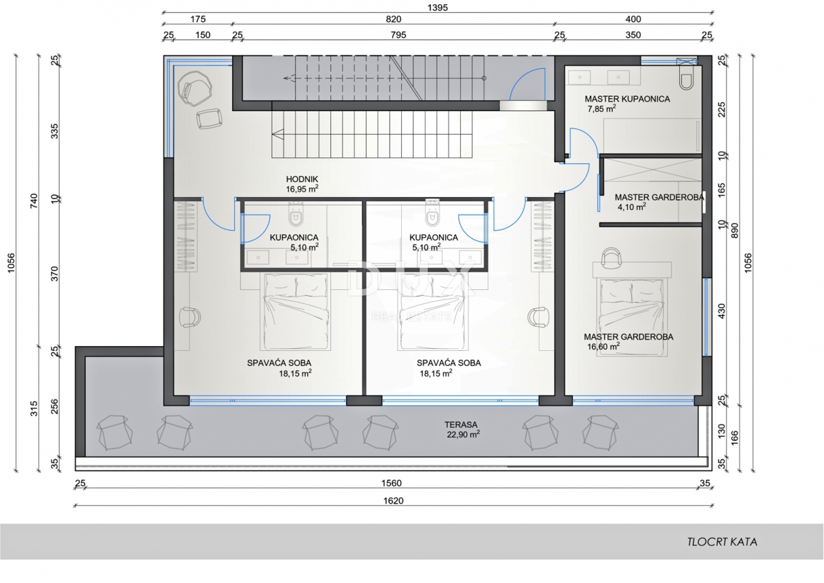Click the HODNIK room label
click(302, 179)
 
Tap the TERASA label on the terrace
click(461, 425)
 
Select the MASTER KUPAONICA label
click(627, 99)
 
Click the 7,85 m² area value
click(602, 109)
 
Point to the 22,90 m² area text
click(463, 435)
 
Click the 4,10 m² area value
click(632, 207)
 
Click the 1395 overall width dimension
click(438, 8)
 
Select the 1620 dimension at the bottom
click(393, 501)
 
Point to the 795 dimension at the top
click(398, 35)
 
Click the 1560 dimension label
click(391, 483)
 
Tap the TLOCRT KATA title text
click(722, 542)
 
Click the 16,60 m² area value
click(604, 346)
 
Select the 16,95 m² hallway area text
click(302, 189)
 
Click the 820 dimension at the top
click(393, 19)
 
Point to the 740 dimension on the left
click(34, 201)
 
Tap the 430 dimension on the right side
click(722, 311)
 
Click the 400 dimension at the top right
click(633, 19)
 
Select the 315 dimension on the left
click(34, 409)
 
